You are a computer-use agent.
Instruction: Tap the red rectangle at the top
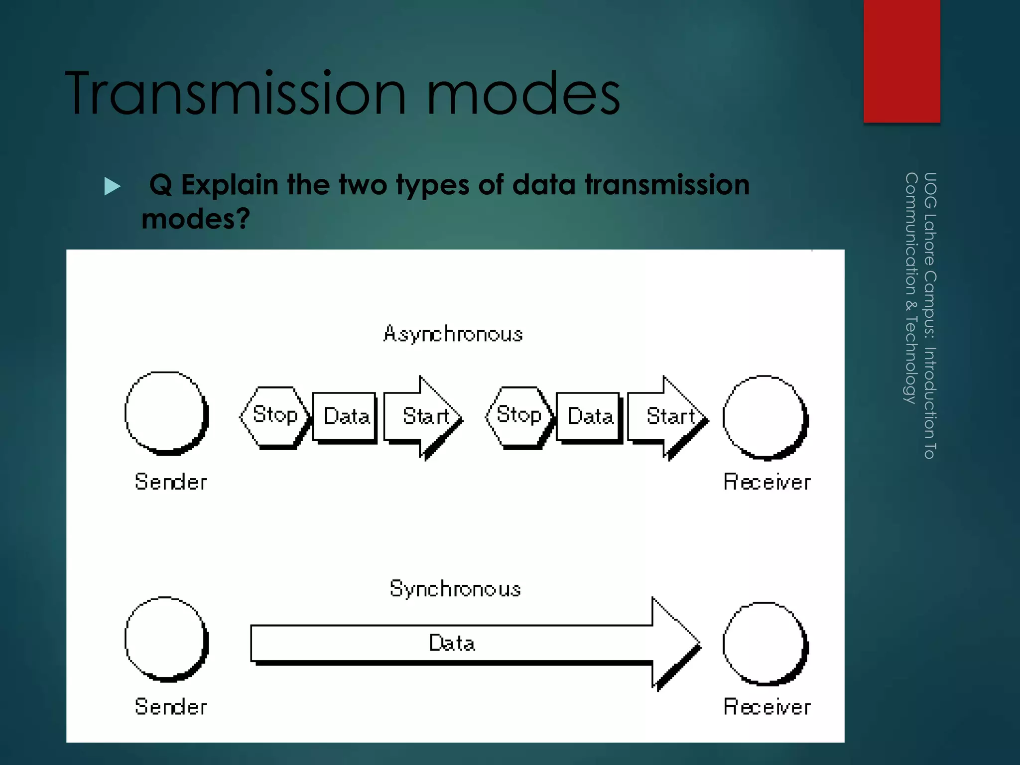pyautogui.click(x=901, y=61)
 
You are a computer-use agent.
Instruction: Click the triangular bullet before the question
pyautogui.click(x=113, y=186)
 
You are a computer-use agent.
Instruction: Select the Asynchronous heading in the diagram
pyautogui.click(x=453, y=334)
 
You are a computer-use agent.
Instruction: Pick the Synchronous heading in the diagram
pyautogui.click(x=455, y=589)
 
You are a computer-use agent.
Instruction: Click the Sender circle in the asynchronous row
pyautogui.click(x=166, y=413)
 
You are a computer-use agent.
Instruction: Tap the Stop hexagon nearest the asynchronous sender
pyautogui.click(x=274, y=416)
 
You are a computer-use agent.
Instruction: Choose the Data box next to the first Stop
pyautogui.click(x=345, y=416)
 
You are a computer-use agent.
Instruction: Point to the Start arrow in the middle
pyautogui.click(x=423, y=416)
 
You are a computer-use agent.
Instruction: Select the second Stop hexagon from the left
pyautogui.click(x=518, y=416)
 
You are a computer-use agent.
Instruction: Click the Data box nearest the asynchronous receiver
pyautogui.click(x=589, y=416)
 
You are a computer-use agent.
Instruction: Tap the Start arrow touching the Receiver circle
pyautogui.click(x=667, y=416)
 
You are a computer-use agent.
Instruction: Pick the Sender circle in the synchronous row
pyautogui.click(x=166, y=639)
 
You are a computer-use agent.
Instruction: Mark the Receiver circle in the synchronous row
pyautogui.click(x=765, y=643)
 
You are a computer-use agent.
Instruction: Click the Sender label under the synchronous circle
pyautogui.click(x=171, y=707)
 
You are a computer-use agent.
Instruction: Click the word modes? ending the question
pyautogui.click(x=196, y=219)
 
